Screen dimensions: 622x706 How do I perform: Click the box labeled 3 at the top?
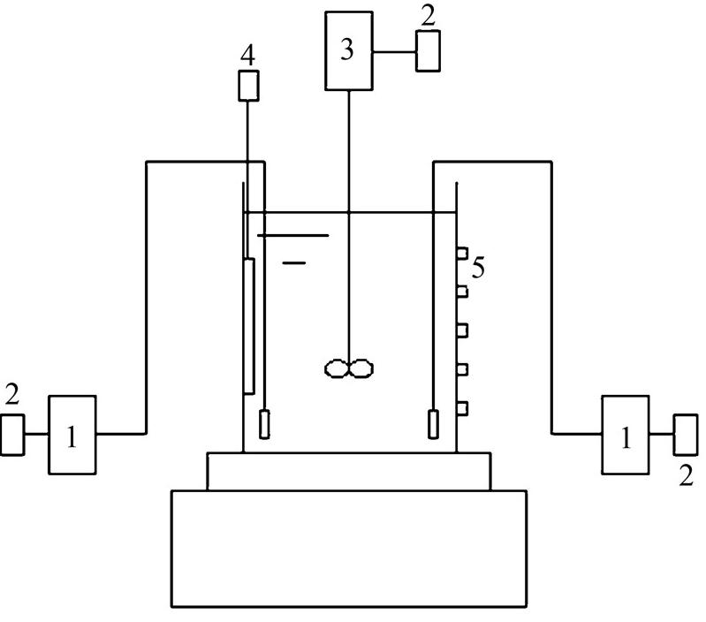click(x=347, y=50)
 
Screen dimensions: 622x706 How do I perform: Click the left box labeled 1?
click(x=72, y=435)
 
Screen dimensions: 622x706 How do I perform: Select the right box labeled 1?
click(x=626, y=435)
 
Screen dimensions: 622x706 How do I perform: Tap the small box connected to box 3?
click(x=429, y=51)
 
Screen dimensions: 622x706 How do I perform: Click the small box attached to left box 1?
click(x=12, y=435)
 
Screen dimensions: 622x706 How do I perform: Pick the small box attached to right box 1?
click(x=685, y=435)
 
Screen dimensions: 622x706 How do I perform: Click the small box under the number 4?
click(x=248, y=86)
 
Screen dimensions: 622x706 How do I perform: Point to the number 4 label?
click(x=247, y=56)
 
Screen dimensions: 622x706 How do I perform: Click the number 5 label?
click(x=478, y=268)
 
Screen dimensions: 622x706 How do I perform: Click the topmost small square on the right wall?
click(x=461, y=254)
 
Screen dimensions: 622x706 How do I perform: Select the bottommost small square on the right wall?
click(x=461, y=407)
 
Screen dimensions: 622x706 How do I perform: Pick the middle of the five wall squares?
click(x=461, y=330)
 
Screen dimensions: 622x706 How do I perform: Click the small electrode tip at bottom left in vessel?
click(x=264, y=424)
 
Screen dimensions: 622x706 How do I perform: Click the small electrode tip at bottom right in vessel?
click(x=432, y=424)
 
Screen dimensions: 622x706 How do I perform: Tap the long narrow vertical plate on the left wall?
click(x=249, y=325)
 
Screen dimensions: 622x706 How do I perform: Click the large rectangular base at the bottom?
click(x=349, y=548)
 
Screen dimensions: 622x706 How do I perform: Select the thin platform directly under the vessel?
click(x=349, y=471)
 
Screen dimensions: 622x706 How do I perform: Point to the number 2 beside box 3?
click(x=429, y=15)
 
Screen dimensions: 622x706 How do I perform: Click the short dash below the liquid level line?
click(x=295, y=262)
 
